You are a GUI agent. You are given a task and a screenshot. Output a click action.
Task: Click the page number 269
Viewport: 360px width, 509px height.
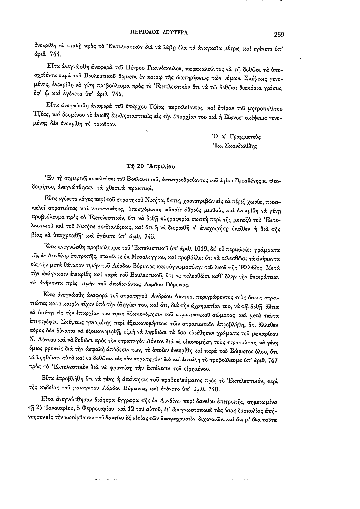pyautogui.click(x=278, y=34)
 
